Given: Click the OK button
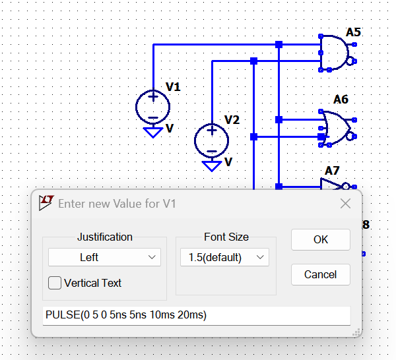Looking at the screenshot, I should (320, 240).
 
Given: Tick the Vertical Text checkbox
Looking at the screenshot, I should (55, 283).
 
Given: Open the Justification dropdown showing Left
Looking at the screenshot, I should (104, 257).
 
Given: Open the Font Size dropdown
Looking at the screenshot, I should (224, 257).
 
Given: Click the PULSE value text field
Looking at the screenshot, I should (196, 315).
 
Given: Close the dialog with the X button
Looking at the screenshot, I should (345, 204).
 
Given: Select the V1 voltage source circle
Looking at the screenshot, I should (153, 107).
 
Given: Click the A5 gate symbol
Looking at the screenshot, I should (334, 53).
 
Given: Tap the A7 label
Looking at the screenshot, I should (332, 171).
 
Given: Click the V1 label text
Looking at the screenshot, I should (173, 86).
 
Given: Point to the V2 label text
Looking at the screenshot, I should (232, 120).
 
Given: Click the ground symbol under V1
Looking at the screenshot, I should (153, 133).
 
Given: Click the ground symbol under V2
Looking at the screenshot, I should (212, 165).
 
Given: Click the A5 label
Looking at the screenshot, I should (353, 32).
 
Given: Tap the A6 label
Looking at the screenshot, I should (341, 100).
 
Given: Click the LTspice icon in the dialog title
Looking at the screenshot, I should (46, 203).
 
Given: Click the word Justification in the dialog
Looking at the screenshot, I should (104, 237).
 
